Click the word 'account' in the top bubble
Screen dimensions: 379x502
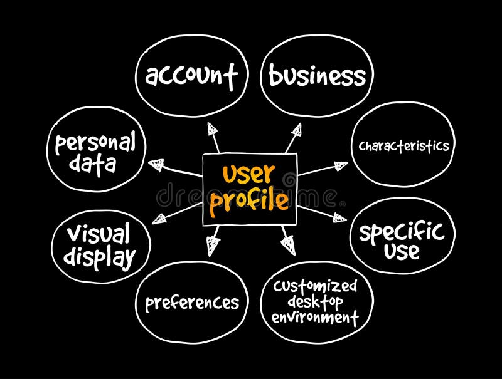191,76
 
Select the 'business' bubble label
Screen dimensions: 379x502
317,76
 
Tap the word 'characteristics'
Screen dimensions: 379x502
403,146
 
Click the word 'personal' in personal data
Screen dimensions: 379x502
95,144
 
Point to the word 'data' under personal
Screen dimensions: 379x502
92,165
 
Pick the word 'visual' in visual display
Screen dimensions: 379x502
99,235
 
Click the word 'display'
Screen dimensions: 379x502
101,257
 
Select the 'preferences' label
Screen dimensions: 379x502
192,303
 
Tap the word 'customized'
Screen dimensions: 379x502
315,287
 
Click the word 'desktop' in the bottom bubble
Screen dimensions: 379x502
316,302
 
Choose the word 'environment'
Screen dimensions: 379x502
315,318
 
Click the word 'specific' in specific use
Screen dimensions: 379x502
401,232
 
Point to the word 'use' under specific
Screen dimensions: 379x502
402,252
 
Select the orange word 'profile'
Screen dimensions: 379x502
249,201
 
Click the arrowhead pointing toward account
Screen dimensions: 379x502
213,130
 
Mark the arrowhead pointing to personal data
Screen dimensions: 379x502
157,165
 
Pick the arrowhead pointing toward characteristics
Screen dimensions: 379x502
340,166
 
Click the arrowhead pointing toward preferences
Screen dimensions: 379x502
214,245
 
